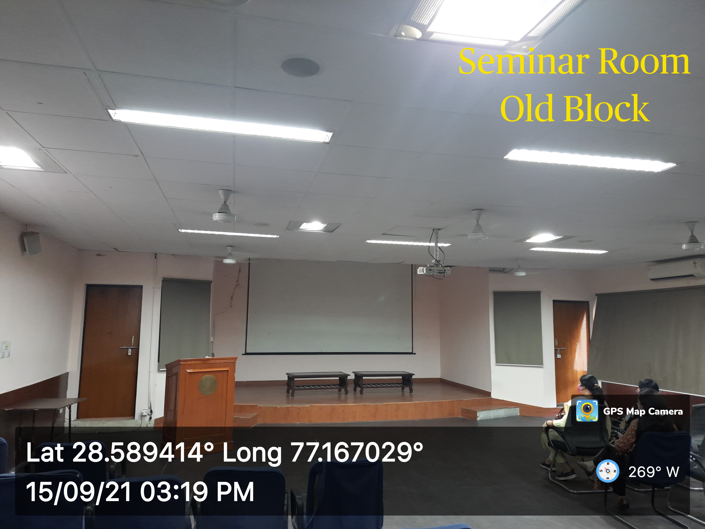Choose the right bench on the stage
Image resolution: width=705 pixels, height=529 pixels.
click(x=383, y=382)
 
